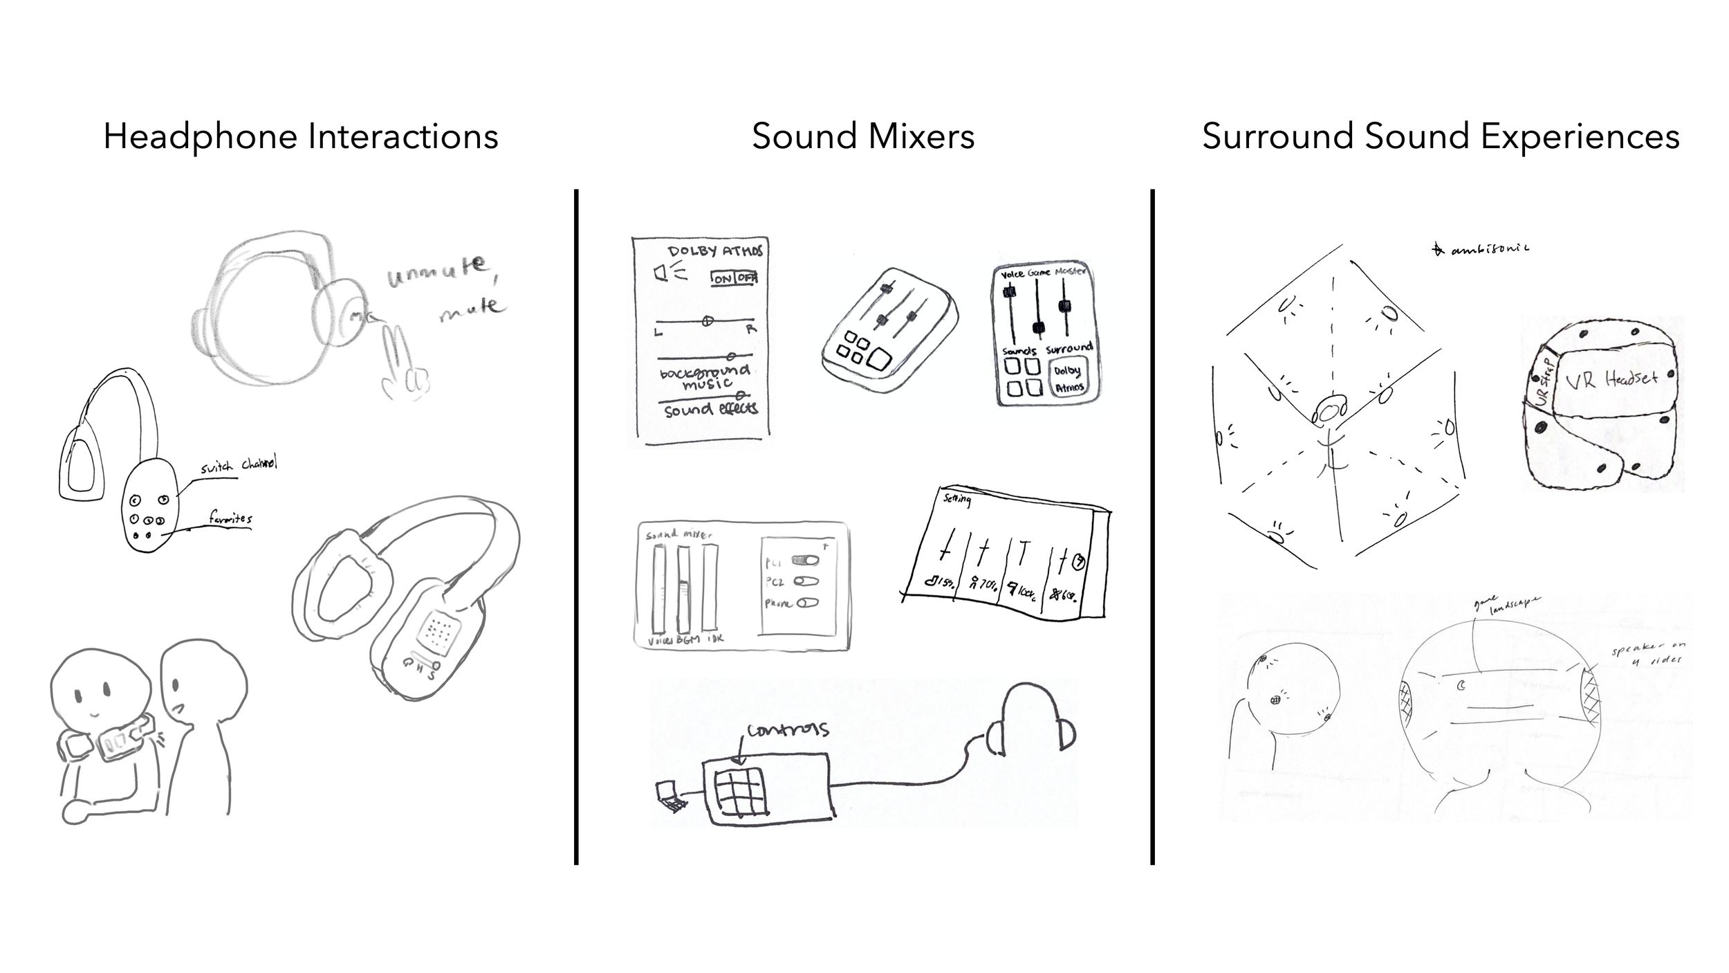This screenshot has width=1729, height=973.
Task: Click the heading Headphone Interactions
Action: (x=301, y=136)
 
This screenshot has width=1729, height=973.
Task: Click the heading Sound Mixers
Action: (x=863, y=136)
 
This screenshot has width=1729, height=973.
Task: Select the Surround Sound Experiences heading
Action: (x=1441, y=136)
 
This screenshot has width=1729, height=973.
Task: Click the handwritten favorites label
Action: (x=231, y=518)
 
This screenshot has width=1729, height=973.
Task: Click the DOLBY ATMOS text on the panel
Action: (x=715, y=251)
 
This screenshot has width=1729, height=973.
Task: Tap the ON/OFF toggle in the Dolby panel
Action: (x=734, y=278)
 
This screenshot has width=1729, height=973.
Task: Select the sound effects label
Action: (x=711, y=410)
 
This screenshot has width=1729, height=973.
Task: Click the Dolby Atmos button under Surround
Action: (x=1068, y=379)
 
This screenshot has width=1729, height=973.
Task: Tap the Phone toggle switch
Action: (x=807, y=603)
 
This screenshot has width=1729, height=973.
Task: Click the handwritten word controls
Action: (x=787, y=730)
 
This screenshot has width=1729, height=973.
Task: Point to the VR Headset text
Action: (x=1611, y=379)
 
